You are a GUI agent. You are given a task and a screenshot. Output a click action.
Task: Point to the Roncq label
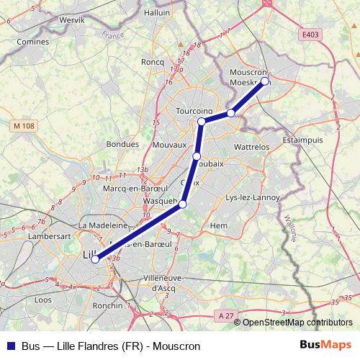coord(153,63)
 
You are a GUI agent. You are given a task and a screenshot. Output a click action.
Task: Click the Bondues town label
coord(122,143)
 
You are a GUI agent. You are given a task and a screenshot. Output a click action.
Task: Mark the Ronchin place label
coord(107,305)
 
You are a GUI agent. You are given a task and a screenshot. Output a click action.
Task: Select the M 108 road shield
coord(24,126)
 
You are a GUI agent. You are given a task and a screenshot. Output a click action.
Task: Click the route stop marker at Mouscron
coord(265,81)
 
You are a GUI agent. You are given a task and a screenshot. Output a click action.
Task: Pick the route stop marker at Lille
coord(95,259)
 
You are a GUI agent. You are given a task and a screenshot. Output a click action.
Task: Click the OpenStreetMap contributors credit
coord(297,323)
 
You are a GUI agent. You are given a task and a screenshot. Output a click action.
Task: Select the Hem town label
coord(218,226)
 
